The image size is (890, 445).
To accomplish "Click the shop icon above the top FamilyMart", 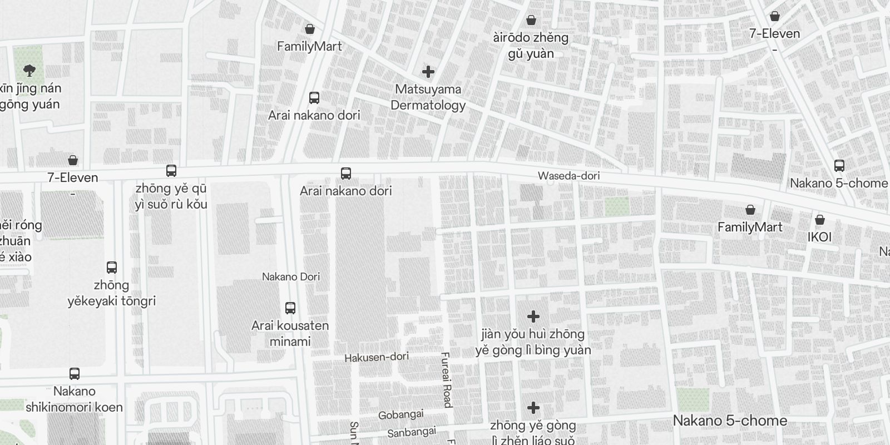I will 310,28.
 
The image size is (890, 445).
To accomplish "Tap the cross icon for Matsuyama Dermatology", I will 428,71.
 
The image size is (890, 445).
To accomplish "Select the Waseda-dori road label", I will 568,176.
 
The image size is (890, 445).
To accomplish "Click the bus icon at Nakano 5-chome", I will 839,165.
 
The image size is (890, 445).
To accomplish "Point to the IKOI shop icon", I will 819,220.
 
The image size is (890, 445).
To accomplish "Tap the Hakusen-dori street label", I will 377,357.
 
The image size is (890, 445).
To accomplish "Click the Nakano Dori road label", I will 291,276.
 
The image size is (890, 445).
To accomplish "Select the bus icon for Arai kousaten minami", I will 290,308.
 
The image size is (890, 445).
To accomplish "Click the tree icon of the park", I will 29,70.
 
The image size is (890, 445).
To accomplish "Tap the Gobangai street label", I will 400,414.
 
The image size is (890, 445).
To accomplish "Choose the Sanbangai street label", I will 412,432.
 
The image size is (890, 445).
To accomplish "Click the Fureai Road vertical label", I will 446,380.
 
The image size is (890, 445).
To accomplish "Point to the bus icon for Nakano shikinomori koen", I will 75,373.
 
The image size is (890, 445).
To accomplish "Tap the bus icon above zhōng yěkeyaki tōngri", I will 111,267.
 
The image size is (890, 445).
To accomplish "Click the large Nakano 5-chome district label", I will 730,421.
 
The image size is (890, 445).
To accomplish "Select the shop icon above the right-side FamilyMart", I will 750,210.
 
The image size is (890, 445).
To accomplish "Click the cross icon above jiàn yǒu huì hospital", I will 533,317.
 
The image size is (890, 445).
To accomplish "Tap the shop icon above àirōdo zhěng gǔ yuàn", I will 531,20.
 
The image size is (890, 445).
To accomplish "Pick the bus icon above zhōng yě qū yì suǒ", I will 171,170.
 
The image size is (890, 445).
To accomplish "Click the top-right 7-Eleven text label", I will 774,33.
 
